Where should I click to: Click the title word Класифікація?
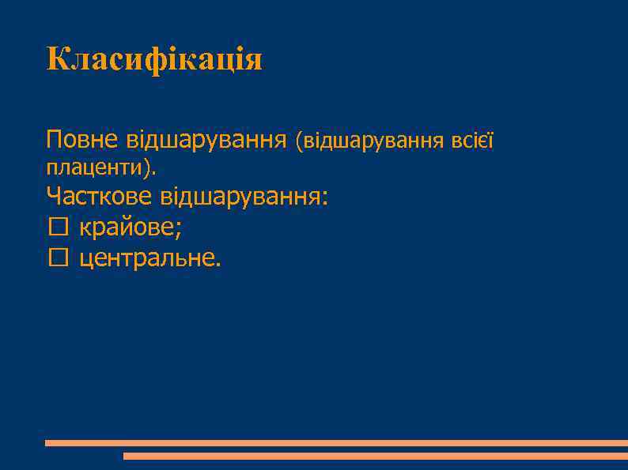pos(153,60)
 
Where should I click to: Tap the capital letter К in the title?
pos(57,58)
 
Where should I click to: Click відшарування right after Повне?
pos(206,141)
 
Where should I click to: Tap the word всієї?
pos(472,141)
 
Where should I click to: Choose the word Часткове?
pos(100,195)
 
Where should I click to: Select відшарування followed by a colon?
pos(241,197)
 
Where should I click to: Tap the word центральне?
pos(148,257)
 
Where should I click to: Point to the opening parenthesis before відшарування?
pos(298,142)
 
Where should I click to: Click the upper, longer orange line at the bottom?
pos(336,443)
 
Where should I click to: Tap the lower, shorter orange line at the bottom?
pos(375,456)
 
